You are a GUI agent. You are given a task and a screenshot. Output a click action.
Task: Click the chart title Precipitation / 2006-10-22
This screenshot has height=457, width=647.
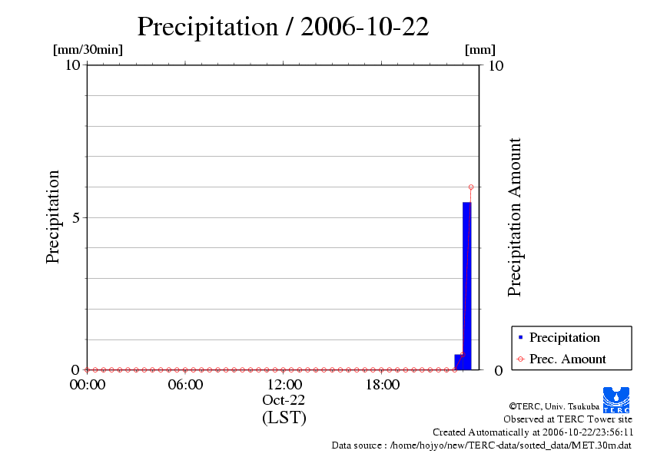[282, 26]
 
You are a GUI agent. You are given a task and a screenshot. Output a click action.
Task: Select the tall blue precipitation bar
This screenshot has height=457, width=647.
[466, 284]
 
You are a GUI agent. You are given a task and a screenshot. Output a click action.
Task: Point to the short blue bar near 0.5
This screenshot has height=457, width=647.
[459, 362]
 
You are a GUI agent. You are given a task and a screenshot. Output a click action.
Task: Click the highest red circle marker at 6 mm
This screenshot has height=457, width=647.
[470, 187]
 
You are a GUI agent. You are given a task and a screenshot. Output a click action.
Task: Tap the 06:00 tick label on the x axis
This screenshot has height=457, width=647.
[185, 385]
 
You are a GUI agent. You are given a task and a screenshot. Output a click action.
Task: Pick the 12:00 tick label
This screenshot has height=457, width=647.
[284, 385]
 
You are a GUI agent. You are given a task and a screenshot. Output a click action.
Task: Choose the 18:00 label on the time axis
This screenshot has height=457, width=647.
[382, 385]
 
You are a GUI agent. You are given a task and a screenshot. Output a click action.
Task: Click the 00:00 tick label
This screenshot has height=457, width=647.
[87, 385]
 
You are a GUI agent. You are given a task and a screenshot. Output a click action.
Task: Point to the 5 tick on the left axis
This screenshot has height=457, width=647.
[75, 217]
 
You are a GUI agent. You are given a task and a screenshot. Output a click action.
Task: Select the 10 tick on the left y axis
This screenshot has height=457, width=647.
[72, 65]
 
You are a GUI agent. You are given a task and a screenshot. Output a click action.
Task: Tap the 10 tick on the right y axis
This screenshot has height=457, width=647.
[496, 65]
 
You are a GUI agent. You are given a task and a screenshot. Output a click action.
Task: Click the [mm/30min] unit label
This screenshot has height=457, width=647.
[87, 50]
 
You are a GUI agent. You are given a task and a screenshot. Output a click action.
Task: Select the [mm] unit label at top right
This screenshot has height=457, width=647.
[480, 50]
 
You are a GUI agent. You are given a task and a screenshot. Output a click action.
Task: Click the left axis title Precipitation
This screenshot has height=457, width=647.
[53, 217]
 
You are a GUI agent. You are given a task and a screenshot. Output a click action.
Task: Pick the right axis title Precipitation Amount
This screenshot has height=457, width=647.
[515, 217]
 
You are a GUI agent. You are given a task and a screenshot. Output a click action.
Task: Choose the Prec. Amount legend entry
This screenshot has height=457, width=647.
[567, 359]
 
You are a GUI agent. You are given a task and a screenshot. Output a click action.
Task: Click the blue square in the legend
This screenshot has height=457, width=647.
[520, 337]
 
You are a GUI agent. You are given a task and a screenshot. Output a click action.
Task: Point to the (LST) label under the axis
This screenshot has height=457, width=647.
[284, 418]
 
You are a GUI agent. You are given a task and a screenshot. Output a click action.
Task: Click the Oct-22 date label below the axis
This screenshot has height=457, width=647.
[284, 400]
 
